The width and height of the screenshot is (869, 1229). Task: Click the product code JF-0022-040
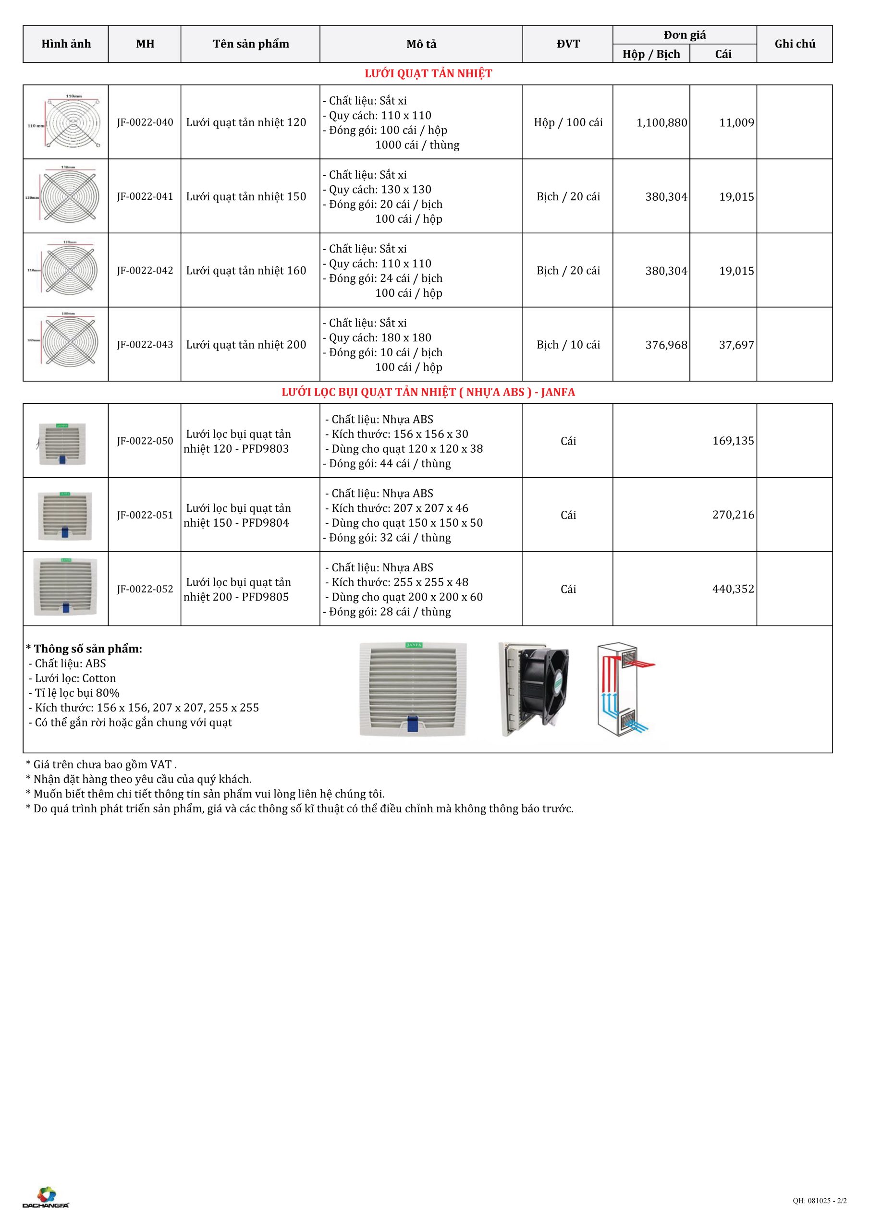pyautogui.click(x=145, y=122)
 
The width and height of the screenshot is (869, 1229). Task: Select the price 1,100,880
pyautogui.click(x=661, y=123)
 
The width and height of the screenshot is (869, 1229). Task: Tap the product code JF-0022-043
pyautogui.click(x=145, y=345)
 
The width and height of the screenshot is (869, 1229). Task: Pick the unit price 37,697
pyautogui.click(x=736, y=345)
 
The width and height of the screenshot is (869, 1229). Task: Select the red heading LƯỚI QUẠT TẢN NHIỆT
pyautogui.click(x=428, y=74)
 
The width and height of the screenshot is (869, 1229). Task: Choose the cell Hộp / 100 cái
pyautogui.click(x=568, y=122)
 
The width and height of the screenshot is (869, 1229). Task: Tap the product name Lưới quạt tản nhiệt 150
pyautogui.click(x=246, y=196)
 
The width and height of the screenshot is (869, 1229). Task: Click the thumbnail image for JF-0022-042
pyautogui.click(x=66, y=270)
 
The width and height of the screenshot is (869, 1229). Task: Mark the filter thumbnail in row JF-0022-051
pyautogui.click(x=65, y=515)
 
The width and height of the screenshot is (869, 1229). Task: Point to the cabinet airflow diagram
pyautogui.click(x=626, y=688)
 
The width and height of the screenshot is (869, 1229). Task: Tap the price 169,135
pyautogui.click(x=733, y=441)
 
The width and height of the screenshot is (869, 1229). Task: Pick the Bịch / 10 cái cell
pyautogui.click(x=568, y=345)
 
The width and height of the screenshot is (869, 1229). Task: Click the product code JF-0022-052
pyautogui.click(x=145, y=590)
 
